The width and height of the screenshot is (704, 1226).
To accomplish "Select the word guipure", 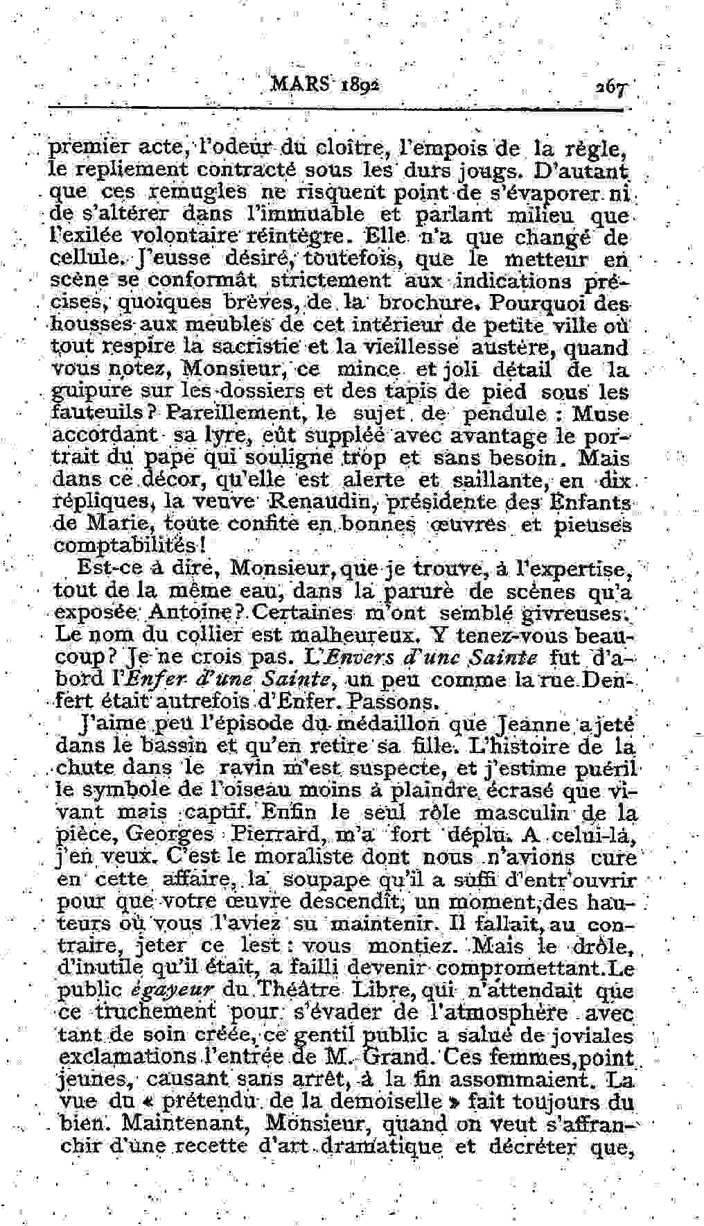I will point(85,392).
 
